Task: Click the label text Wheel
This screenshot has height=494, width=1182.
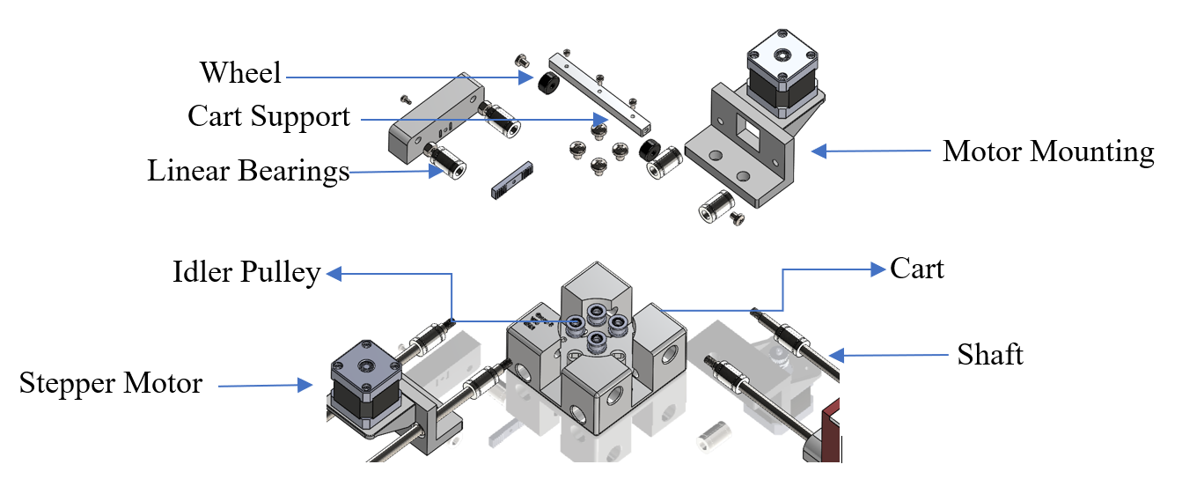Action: tap(240, 73)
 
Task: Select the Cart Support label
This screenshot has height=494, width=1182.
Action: tap(268, 117)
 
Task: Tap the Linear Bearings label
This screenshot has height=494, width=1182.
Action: tap(248, 172)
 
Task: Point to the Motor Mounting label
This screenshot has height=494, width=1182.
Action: tap(1047, 151)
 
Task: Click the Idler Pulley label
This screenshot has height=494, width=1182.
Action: tap(246, 273)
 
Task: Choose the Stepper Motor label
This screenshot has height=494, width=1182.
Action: tap(111, 384)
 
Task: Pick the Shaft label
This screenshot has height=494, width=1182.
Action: tap(990, 355)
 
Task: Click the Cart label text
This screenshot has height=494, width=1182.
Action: tap(916, 269)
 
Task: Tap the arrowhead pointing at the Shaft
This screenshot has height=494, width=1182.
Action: tap(837, 356)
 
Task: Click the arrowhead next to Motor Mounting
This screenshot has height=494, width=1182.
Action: tap(819, 151)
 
